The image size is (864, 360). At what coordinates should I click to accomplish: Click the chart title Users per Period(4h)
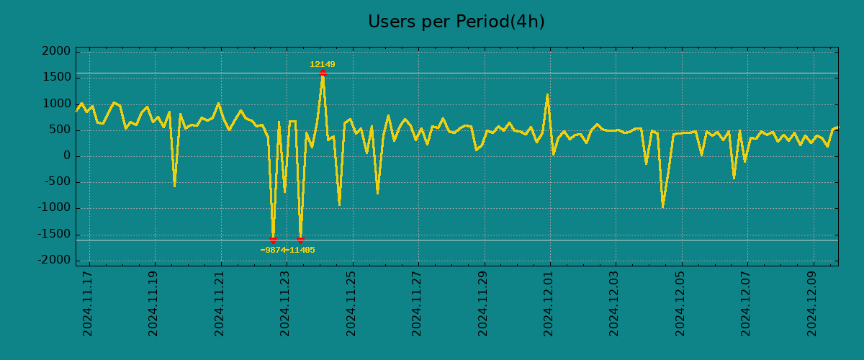[x=456, y=22]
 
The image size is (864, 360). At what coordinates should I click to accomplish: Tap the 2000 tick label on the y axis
[x=57, y=52]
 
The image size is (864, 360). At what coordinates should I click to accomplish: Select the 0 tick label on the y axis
[x=67, y=156]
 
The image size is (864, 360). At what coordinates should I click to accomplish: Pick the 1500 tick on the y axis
[x=57, y=78]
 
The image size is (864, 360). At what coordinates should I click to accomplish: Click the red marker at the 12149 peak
[x=323, y=73]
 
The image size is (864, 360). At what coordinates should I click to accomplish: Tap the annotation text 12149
[x=323, y=65]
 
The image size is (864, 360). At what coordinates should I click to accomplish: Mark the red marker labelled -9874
[x=273, y=239]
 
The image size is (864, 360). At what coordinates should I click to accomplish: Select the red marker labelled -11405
[x=300, y=239]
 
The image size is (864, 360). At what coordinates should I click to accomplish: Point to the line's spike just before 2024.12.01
[x=547, y=95]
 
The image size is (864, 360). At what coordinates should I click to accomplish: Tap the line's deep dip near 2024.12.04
[x=662, y=207]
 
